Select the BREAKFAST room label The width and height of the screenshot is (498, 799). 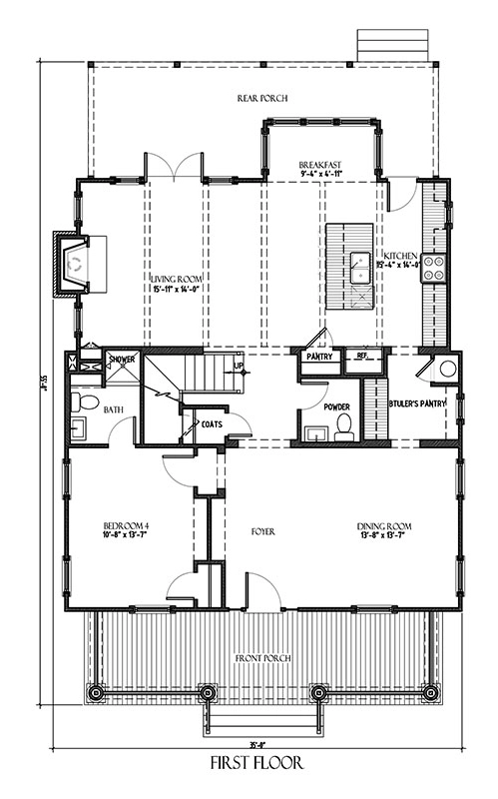pyautogui.click(x=320, y=165)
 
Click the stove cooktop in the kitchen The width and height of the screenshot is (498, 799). pyautogui.click(x=435, y=266)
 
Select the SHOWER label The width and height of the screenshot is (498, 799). pyautogui.click(x=122, y=359)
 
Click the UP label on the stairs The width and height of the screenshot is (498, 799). pyautogui.click(x=237, y=366)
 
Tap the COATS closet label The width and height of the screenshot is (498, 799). pyautogui.click(x=212, y=423)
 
